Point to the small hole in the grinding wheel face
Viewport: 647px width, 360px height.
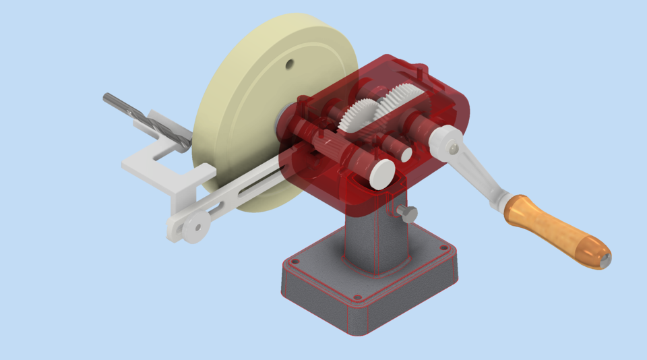[x=289, y=65]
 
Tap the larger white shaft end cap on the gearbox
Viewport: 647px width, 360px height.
[x=381, y=173]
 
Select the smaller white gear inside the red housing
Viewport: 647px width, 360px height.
[x=359, y=115]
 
